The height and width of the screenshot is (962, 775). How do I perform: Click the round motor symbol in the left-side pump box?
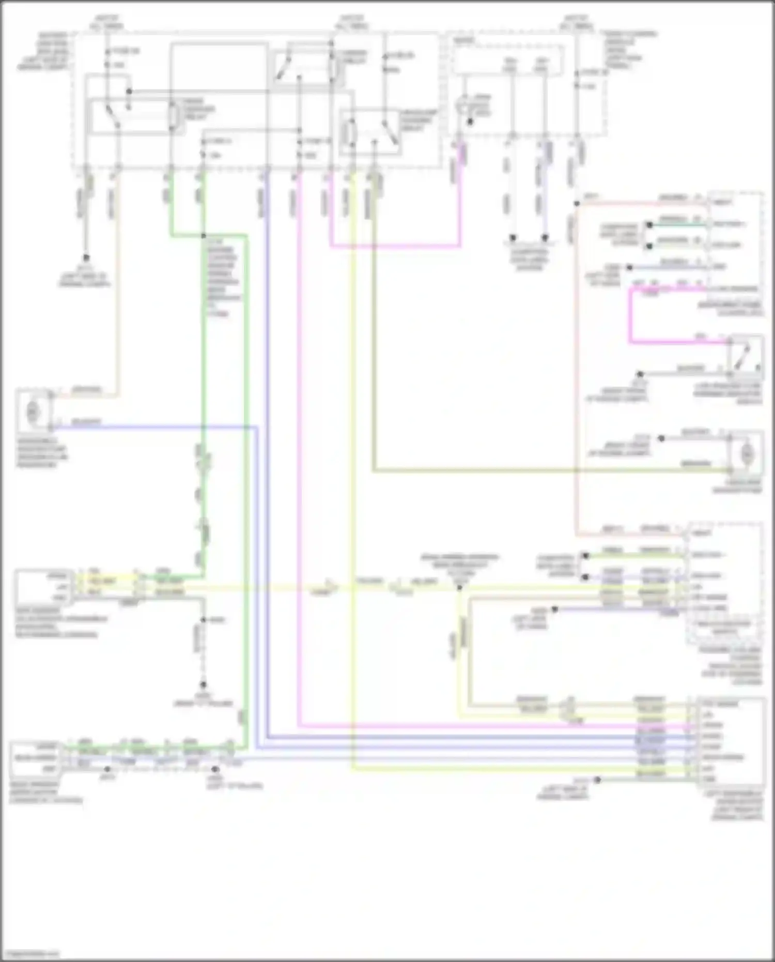click(x=32, y=411)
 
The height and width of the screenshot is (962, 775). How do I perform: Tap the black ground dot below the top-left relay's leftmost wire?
click(x=86, y=257)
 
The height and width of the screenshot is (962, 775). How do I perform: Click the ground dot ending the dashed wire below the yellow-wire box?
click(x=203, y=684)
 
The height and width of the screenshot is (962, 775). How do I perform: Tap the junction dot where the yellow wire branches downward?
click(x=459, y=588)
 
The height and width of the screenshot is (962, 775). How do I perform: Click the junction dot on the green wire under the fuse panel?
click(x=203, y=236)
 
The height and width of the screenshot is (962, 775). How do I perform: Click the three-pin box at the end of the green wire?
click(x=35, y=758)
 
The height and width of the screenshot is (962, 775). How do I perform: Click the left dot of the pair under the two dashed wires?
click(x=513, y=238)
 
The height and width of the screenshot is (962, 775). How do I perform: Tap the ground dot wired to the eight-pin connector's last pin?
click(x=597, y=780)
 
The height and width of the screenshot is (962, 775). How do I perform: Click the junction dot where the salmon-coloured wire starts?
click(x=577, y=204)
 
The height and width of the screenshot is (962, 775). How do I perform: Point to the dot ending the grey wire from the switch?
click(x=640, y=374)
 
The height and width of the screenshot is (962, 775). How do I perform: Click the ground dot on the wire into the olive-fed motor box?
click(x=661, y=438)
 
